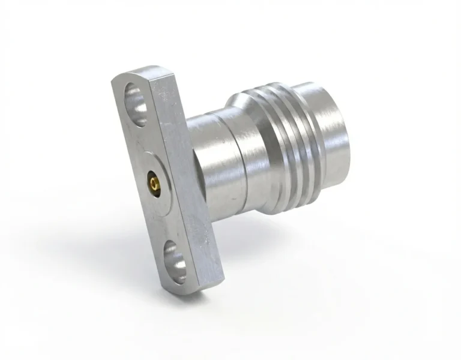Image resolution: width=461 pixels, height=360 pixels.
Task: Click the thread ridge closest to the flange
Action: click(273, 150)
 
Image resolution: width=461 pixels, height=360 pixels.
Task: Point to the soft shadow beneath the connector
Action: click(270, 252)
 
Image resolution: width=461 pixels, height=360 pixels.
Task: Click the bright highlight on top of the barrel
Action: click(210, 123)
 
